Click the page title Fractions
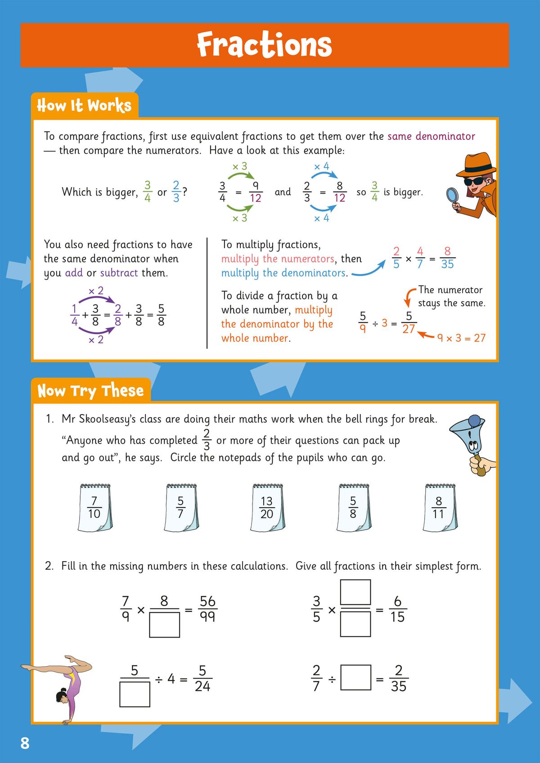tap(264, 45)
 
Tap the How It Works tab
tap(84, 106)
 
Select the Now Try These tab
tap(90, 390)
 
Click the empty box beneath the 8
tap(164, 624)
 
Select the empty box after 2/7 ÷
tap(355, 678)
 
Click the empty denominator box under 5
tap(135, 694)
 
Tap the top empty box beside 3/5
tap(355, 592)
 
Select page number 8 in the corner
tap(25, 743)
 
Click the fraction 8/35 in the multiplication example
tap(447, 258)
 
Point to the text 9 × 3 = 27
tap(461, 338)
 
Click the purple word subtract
tap(119, 273)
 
